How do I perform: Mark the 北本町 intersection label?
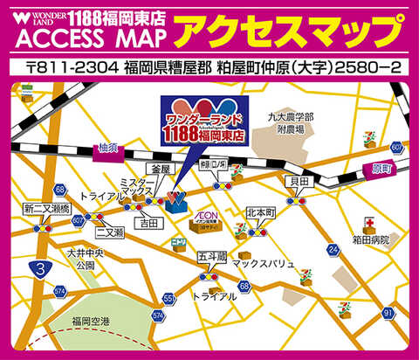click(261, 212)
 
